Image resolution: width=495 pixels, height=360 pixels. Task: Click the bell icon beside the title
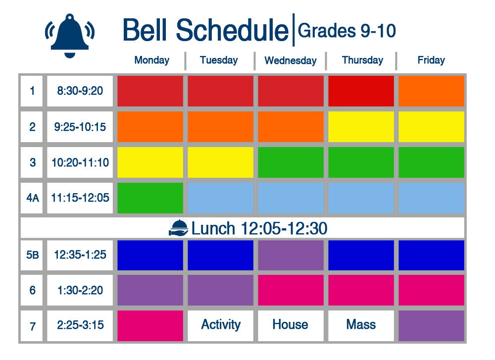pos(70,36)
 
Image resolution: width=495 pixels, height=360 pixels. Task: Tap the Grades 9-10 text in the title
pos(346,31)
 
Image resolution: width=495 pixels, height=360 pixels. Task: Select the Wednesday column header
pos(291,60)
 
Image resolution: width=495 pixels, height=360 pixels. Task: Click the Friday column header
pos(431,60)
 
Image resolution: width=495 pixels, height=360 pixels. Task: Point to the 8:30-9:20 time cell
pos(80,91)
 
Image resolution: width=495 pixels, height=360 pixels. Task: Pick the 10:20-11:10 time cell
pos(80,162)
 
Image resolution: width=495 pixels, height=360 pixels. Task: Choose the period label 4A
pos(32,198)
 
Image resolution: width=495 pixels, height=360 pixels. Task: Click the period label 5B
pos(32,255)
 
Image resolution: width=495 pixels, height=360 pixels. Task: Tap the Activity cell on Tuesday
pos(221,325)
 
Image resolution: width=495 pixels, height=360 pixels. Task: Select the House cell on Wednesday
pos(291,325)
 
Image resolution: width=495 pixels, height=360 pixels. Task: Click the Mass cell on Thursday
pos(361,325)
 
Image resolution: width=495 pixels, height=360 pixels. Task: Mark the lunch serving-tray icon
pos(178,228)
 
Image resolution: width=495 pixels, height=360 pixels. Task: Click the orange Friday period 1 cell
pos(431,91)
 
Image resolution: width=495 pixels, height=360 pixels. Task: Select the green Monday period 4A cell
pos(150,198)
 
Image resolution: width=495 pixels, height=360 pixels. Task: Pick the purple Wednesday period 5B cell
pos(291,255)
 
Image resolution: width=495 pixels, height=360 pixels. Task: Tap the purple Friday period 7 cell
pos(431,325)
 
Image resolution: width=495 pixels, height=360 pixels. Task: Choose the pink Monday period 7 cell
pos(150,325)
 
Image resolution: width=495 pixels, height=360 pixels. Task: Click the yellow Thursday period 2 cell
pos(361,127)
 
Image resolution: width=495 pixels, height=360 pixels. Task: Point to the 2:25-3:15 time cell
pos(80,325)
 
